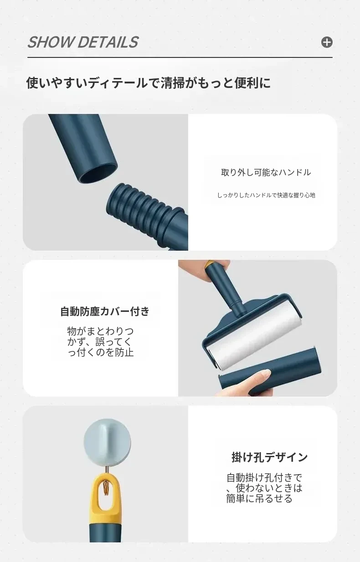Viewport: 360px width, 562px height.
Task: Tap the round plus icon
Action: [327, 42]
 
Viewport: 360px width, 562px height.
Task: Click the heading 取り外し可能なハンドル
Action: [266, 172]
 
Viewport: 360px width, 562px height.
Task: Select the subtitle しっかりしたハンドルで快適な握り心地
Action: [266, 195]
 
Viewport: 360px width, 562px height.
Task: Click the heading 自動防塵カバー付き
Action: [105, 311]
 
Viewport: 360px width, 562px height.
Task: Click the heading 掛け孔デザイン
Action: [269, 457]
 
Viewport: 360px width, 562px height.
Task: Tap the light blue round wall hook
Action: [107, 441]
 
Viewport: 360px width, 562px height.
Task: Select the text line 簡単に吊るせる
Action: [259, 498]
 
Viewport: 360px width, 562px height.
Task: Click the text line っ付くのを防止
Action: [101, 352]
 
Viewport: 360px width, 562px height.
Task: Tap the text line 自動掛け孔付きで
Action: [264, 477]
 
